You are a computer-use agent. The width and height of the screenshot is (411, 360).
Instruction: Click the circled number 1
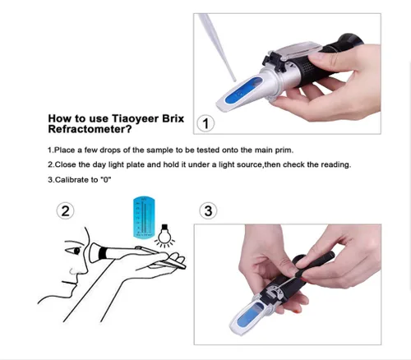tap(205, 123)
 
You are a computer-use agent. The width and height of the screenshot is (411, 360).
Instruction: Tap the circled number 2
tap(65, 211)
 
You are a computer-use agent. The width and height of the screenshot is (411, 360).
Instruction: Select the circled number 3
tap(208, 211)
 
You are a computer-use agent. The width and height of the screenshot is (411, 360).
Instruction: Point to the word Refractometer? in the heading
tap(90, 129)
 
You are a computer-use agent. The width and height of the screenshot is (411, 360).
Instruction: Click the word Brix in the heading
tap(173, 118)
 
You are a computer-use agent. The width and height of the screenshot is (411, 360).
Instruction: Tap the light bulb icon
tap(164, 236)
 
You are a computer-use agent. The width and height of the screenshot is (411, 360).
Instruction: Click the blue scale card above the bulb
tap(144, 217)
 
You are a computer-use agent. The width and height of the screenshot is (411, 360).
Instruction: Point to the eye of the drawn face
tap(76, 251)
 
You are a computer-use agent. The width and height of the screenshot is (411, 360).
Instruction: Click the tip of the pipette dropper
tap(235, 81)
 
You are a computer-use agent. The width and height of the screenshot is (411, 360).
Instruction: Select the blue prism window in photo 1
tap(243, 90)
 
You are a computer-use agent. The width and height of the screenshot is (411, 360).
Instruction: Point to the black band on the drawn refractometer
tap(103, 252)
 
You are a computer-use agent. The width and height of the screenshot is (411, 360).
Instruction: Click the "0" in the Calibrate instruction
tap(105, 179)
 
